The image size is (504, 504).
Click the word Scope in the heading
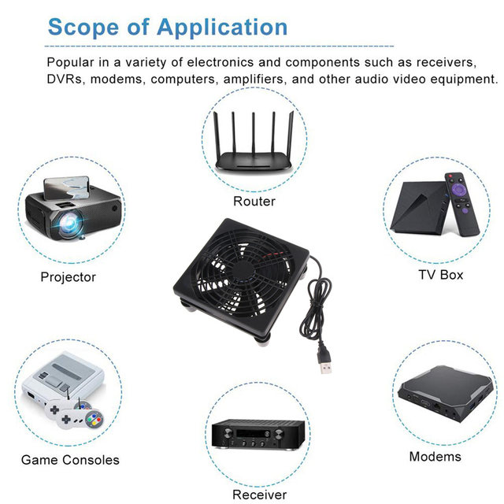click(x=83, y=28)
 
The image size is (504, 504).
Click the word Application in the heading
click(x=222, y=28)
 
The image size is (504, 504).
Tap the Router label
click(x=254, y=202)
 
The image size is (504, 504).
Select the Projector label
click(x=69, y=277)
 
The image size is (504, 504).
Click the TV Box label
click(x=441, y=275)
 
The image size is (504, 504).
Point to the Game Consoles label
click(x=70, y=460)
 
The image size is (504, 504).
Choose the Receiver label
click(x=259, y=495)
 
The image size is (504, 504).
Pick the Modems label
click(x=435, y=457)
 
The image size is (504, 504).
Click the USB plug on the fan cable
click(x=325, y=362)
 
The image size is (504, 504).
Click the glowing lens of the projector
click(x=70, y=223)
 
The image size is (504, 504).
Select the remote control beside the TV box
click(x=461, y=205)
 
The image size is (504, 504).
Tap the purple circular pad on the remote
click(x=458, y=189)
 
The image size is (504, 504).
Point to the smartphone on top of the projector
click(x=66, y=187)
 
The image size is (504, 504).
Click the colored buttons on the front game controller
click(x=94, y=418)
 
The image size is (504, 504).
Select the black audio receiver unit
click(x=258, y=434)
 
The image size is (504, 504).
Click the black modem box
click(x=445, y=394)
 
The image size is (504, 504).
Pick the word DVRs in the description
click(x=65, y=79)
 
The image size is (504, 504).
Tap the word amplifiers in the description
click(x=254, y=80)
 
